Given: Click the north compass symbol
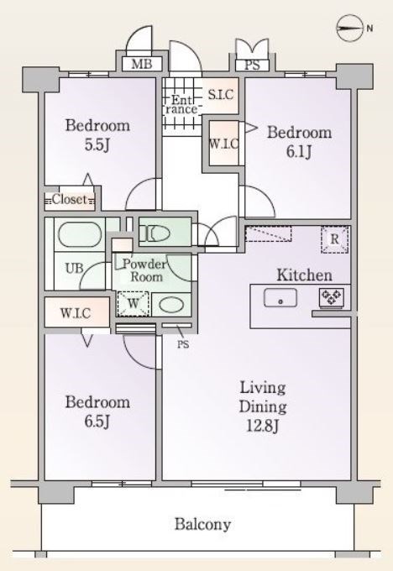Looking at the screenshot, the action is point(350,28).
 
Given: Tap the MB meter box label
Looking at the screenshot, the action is point(142,65).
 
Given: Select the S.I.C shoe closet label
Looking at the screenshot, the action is point(221,95).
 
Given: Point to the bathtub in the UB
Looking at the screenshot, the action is point(80,234).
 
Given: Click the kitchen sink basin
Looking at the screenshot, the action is point(280,298).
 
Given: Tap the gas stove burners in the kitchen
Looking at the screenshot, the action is point(331,296).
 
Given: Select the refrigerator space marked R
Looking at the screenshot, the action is point(334,239).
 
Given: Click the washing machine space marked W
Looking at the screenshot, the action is point(134,303).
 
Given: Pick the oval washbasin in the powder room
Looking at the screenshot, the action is point(171,305).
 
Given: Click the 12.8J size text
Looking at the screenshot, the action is point(262,426).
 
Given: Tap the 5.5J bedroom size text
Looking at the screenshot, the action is point(97,144).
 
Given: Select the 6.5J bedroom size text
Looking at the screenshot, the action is point(97,422).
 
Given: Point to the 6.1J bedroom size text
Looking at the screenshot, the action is point(299,151).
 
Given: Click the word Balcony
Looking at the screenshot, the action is point(202,524).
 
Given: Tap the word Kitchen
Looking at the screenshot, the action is point(305,275).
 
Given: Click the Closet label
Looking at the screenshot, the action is point(70,199).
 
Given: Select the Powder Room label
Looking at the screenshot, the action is point(144,270).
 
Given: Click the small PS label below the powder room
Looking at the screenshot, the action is point(183,344).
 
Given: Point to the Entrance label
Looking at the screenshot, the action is point(181,104).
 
